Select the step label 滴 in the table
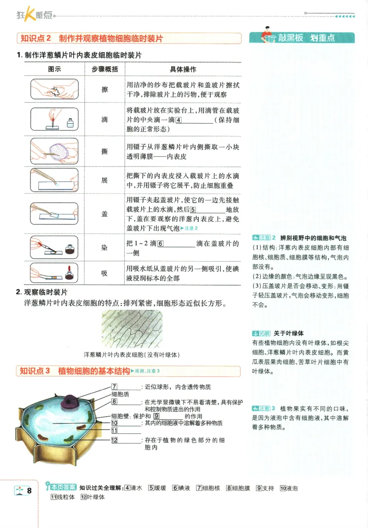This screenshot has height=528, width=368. pyautogui.click(x=104, y=120)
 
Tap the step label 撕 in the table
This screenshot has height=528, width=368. pyautogui.click(x=104, y=151)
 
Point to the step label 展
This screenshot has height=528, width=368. pyautogui.click(x=104, y=180)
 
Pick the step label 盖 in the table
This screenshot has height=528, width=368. pyautogui.click(x=104, y=214)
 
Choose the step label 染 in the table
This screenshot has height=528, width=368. pyautogui.click(x=104, y=247)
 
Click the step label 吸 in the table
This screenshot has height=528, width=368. pyautogui.click(x=104, y=273)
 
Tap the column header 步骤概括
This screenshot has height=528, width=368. pyautogui.click(x=104, y=69)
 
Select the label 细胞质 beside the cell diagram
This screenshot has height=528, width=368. pyautogui.click(x=120, y=394)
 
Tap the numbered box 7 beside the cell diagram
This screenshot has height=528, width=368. pyautogui.click(x=115, y=386)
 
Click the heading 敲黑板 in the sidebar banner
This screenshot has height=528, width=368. pyautogui.click(x=290, y=38)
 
